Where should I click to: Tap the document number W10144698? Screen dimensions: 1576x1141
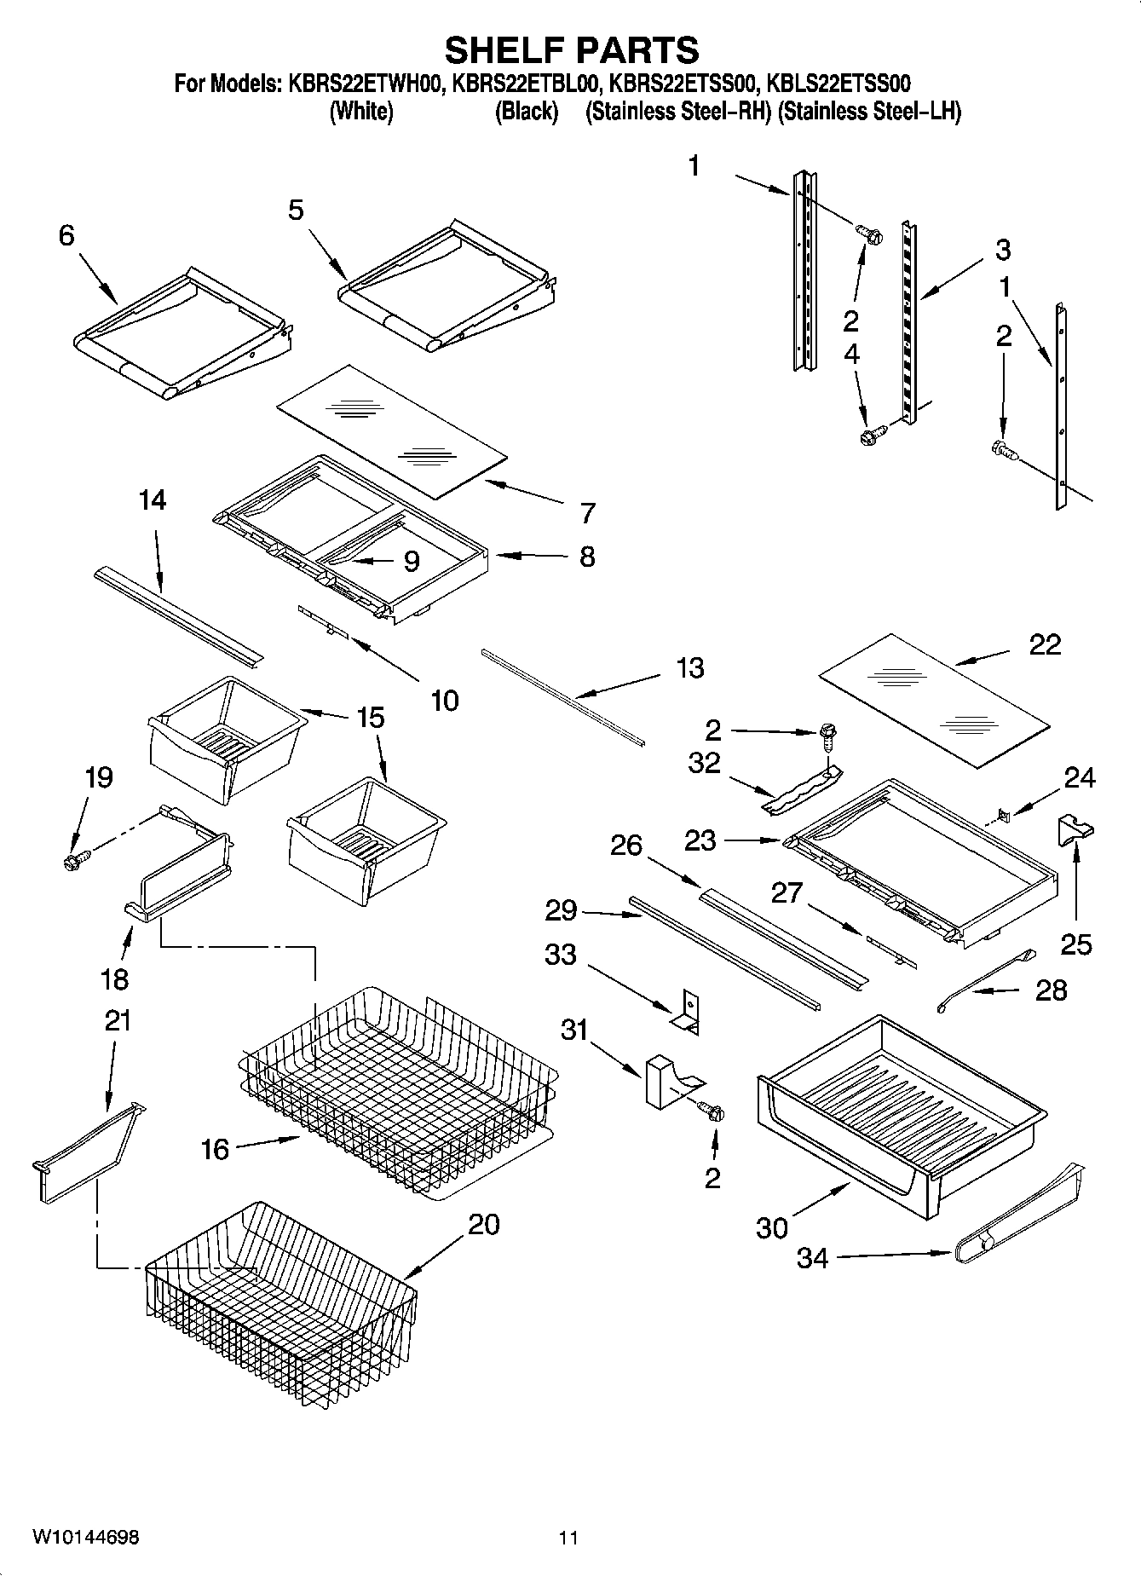[86, 1537]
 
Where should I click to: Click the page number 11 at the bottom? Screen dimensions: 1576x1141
[568, 1538]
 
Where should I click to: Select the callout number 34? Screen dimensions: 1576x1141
[812, 1257]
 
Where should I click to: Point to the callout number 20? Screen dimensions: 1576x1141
[483, 1225]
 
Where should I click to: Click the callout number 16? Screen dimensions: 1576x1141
[215, 1150]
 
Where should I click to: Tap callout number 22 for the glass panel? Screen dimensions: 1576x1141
[1045, 644]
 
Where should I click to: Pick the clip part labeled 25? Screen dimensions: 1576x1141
[1076, 829]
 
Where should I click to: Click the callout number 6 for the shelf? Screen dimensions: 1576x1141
[66, 235]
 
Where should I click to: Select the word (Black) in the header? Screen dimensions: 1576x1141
[526, 111]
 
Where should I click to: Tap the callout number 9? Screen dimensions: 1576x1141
[411, 561]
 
